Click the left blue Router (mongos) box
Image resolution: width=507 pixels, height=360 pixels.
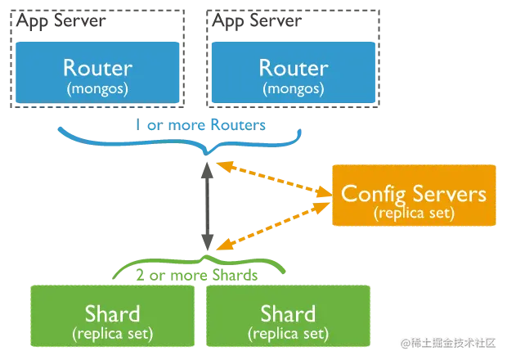97,73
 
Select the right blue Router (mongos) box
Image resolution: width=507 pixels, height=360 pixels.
294,73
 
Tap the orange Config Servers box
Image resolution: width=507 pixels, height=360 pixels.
414,195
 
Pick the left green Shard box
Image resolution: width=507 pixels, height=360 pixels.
113,316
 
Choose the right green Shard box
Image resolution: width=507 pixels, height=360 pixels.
288,316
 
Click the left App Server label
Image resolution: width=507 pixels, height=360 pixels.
61,21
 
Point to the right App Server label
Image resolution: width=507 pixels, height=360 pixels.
257,21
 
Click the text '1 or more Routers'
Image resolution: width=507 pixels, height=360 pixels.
200,125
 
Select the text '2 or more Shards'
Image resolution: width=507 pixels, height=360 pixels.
196,275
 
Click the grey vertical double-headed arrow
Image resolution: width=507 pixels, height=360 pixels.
207,206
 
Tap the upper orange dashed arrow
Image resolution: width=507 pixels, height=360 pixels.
274,179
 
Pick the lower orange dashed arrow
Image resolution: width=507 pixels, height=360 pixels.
273,226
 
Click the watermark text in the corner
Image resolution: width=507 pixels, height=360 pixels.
448,343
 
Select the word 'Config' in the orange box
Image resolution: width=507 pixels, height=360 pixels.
374,195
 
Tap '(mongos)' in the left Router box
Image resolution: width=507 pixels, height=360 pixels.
97,88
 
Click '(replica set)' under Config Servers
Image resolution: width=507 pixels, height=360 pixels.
415,213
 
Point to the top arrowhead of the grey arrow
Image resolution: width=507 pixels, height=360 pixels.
207,170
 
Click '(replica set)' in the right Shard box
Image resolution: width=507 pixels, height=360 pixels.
288,334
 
